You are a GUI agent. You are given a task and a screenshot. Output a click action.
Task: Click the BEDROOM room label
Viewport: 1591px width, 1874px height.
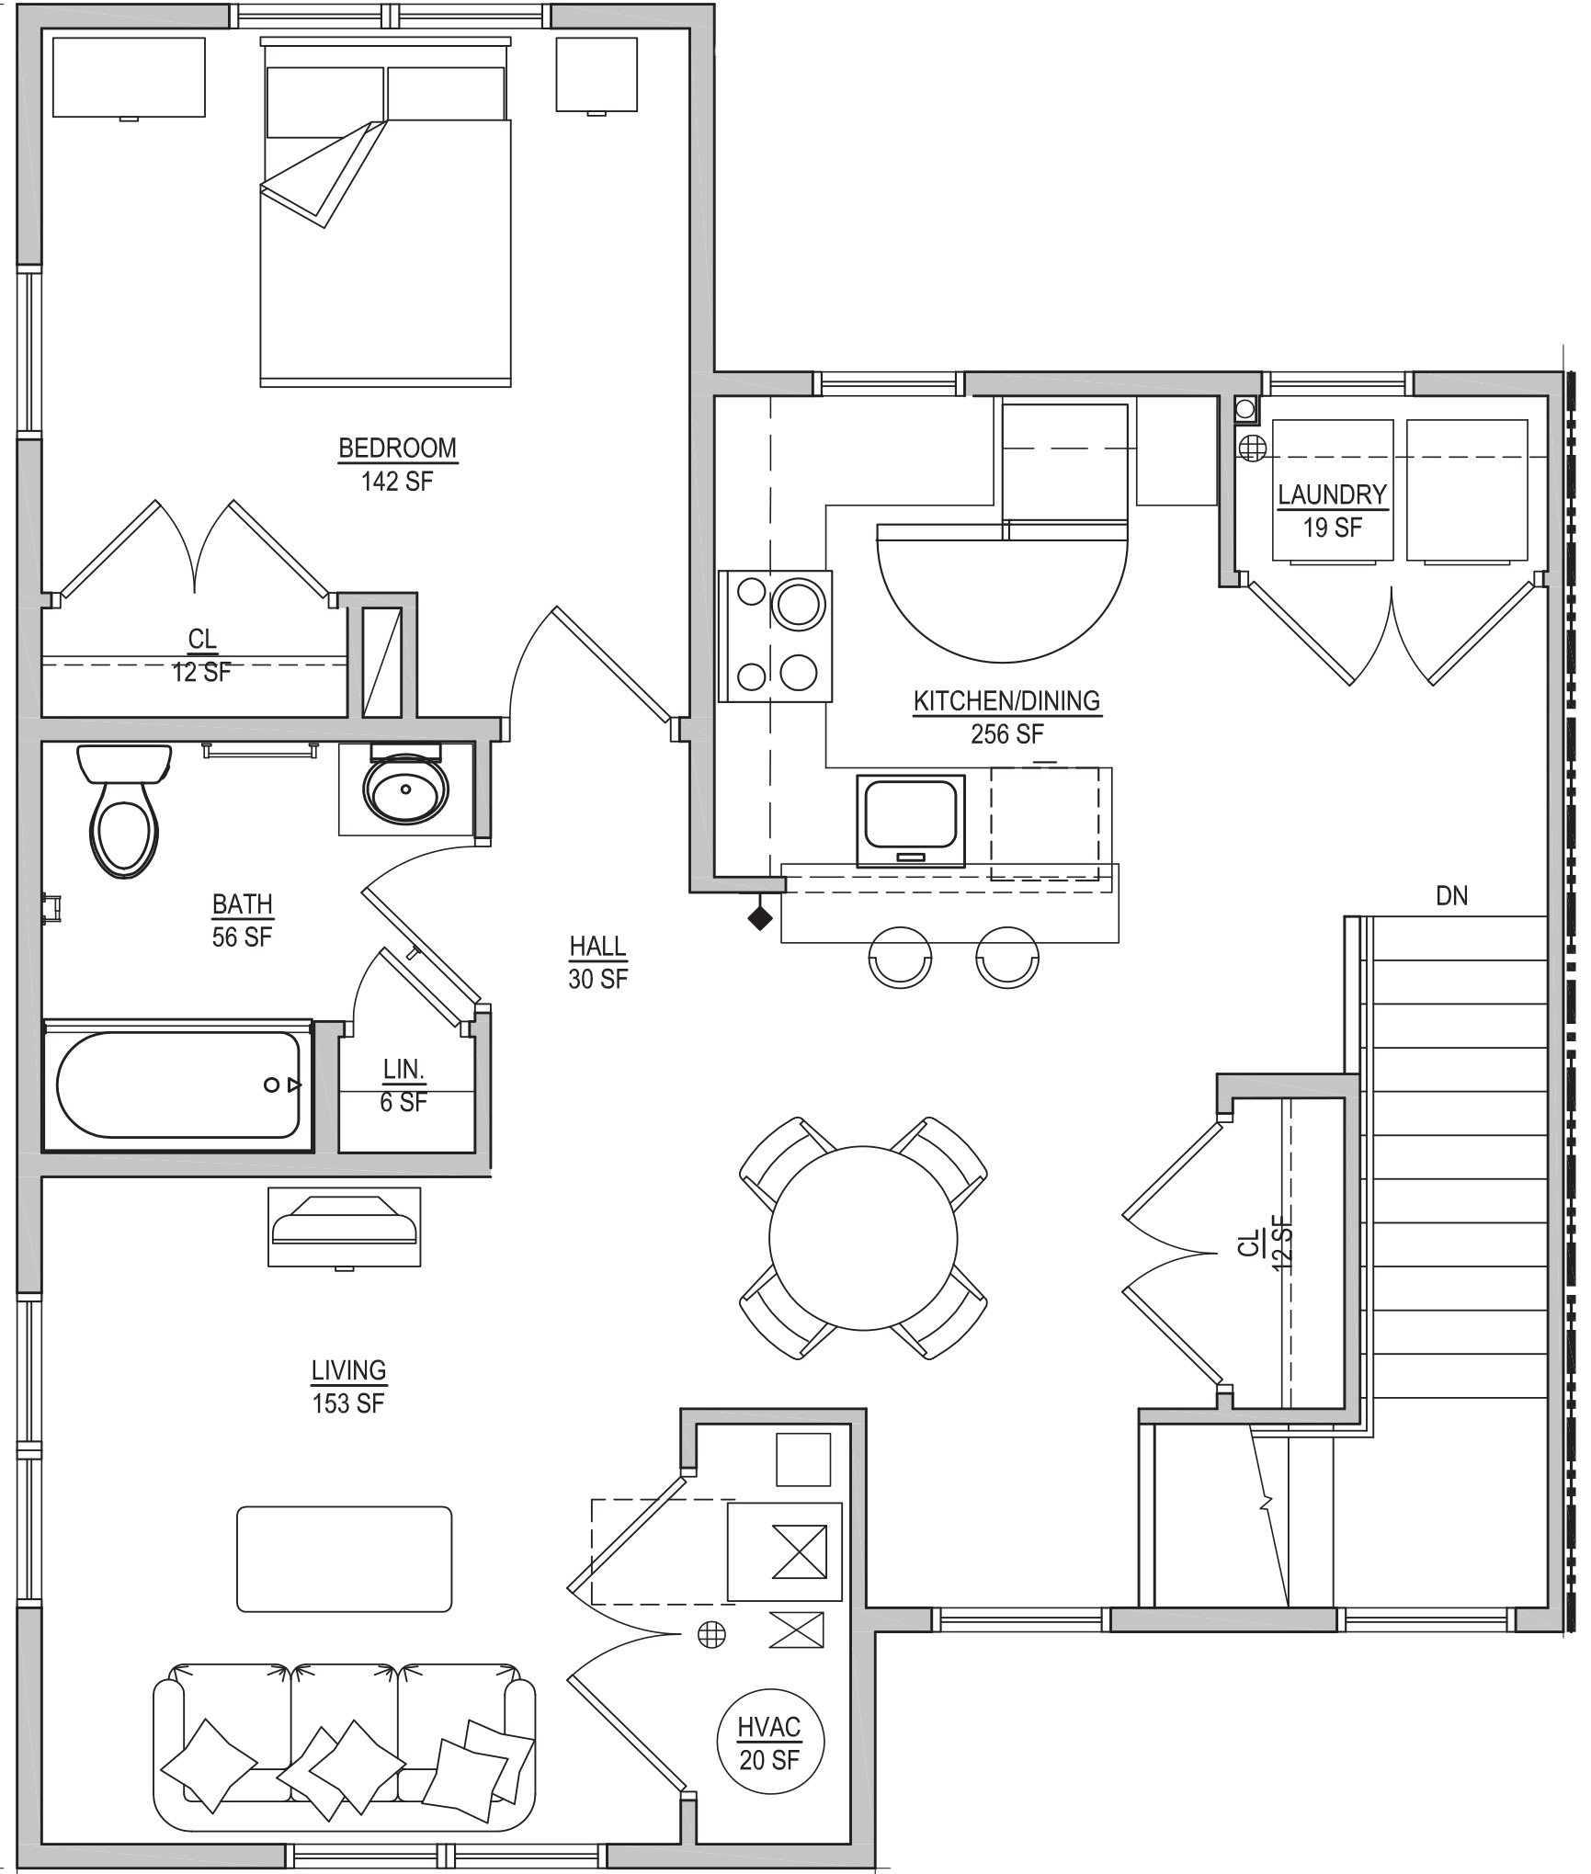[x=397, y=448]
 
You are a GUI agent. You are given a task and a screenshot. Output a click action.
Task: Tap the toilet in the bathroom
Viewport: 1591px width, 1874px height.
[x=124, y=810]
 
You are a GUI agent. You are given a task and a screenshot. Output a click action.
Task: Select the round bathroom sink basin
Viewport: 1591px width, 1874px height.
[x=405, y=789]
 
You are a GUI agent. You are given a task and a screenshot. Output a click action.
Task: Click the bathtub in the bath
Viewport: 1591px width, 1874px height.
[x=177, y=1085]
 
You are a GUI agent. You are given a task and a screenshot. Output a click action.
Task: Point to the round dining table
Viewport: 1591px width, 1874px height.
[x=863, y=1238]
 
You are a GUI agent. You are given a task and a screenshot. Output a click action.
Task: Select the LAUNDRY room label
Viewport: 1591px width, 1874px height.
[x=1332, y=494]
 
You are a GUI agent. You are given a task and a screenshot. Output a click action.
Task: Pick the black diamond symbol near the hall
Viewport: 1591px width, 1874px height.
[x=759, y=917]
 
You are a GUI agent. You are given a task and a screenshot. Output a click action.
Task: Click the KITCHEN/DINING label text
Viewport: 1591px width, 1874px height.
[x=1006, y=700]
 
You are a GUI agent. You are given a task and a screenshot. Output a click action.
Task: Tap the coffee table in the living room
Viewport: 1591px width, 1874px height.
[x=345, y=1559]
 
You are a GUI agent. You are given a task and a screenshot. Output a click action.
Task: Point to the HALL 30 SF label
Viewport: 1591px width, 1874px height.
[x=597, y=962]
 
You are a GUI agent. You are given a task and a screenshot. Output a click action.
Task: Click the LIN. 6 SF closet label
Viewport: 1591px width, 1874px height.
[x=403, y=1085]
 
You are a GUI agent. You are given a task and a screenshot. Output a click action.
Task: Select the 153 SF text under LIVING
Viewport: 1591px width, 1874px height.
[x=348, y=1403]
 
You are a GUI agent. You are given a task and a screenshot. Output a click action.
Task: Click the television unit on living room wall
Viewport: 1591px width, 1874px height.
[x=345, y=1227]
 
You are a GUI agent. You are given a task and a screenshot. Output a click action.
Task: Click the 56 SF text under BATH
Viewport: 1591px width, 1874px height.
[x=242, y=937]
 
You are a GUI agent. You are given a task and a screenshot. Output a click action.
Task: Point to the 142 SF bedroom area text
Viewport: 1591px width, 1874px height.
[x=397, y=481]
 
